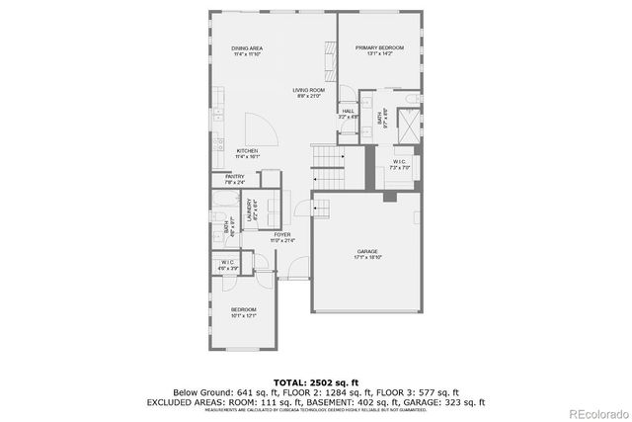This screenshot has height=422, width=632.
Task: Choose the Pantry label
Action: (x=234, y=179)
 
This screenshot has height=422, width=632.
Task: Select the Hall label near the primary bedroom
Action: (x=348, y=114)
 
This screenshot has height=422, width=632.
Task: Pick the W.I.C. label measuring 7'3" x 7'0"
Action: (x=399, y=164)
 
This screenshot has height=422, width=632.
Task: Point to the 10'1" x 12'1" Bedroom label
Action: (x=243, y=313)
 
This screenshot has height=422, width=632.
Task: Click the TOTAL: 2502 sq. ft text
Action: (x=316, y=380)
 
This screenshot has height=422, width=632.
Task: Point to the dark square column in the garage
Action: (x=389, y=197)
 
